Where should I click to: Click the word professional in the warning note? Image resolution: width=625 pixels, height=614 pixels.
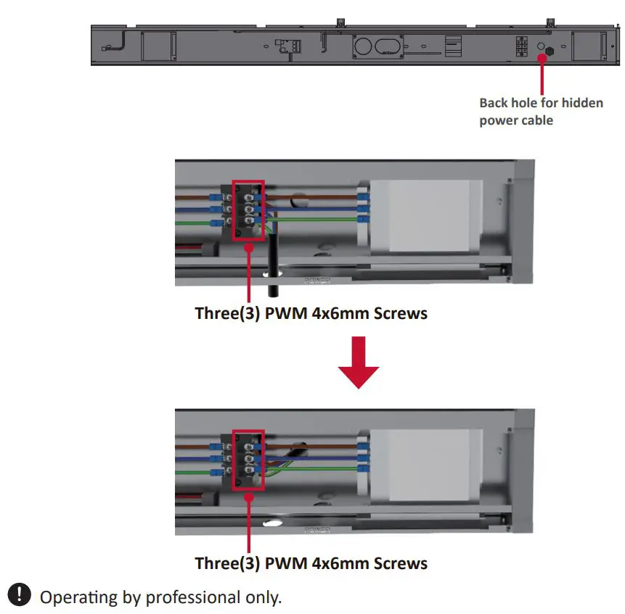click(x=191, y=598)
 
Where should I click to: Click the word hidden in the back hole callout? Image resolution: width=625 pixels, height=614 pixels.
click(x=581, y=103)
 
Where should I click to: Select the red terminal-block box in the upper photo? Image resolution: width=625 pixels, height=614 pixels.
click(x=248, y=210)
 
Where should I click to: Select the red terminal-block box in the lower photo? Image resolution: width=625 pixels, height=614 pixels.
click(x=248, y=460)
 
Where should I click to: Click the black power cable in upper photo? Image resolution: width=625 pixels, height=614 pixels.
click(x=273, y=268)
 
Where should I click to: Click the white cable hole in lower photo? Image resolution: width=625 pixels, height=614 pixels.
click(x=274, y=520)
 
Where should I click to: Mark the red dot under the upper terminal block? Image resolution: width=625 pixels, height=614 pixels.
click(x=249, y=247)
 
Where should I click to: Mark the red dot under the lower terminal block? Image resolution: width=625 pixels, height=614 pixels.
click(x=249, y=497)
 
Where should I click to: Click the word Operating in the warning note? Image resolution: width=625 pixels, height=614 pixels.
click(x=78, y=598)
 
